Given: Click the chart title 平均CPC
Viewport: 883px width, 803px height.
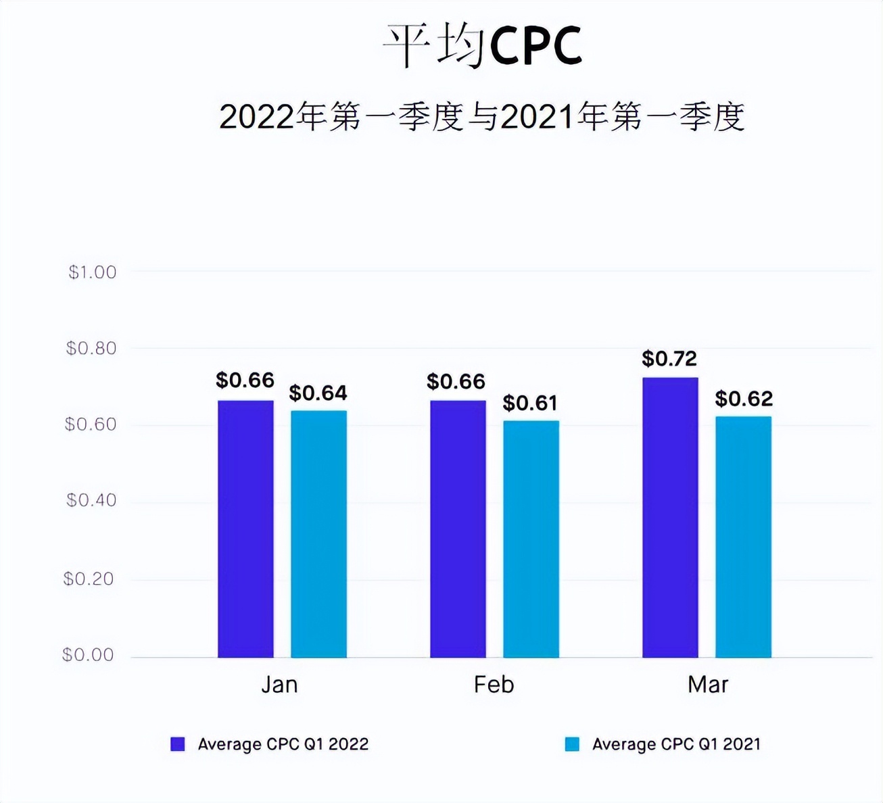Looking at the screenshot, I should point(482,46).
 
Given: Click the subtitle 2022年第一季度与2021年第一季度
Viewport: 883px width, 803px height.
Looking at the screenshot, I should point(481,117).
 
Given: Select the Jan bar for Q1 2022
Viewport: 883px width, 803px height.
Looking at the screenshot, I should point(245,529).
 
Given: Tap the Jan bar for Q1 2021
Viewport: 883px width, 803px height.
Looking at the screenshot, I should point(318,534).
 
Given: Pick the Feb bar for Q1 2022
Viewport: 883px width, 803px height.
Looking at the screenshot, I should point(458,529).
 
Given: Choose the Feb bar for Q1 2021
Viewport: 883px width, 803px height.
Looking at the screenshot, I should point(531,539).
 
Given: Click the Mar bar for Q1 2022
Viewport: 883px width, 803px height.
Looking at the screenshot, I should point(670,517).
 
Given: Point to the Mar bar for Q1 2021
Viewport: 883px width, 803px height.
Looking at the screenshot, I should point(743,537).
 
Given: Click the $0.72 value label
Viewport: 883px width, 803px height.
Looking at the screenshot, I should point(669,358).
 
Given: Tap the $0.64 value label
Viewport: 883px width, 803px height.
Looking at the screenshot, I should point(318,393).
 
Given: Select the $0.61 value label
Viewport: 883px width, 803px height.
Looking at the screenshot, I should point(530,403).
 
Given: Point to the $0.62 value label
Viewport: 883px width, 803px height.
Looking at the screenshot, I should point(744,399).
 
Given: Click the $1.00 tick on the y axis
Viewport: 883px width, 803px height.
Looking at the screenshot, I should point(92,272).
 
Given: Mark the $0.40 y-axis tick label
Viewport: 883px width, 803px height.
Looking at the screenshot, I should point(91,500).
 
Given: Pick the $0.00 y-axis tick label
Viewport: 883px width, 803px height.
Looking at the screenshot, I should point(88,655).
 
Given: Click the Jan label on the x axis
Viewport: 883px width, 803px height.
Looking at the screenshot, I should point(279,685).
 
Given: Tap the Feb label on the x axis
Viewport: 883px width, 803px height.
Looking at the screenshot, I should point(494,685).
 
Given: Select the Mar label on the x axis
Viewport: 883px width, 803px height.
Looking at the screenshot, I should point(707,685).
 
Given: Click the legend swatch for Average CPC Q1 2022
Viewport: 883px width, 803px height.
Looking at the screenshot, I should point(178,744).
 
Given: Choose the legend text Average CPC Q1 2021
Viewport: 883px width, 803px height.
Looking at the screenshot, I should point(676,744).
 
